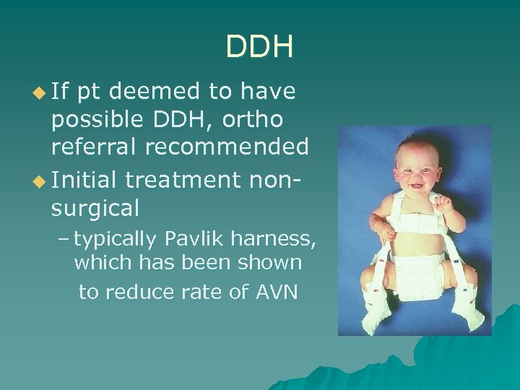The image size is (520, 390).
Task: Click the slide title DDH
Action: coord(259,47)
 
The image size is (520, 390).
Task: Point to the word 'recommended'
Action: coord(227,147)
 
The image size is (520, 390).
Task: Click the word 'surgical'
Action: coord(95,208)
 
